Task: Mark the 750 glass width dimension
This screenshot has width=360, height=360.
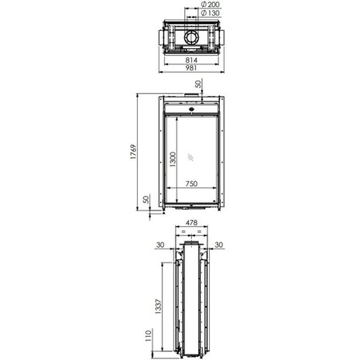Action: click(x=197, y=184)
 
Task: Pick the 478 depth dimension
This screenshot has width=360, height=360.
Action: click(x=190, y=224)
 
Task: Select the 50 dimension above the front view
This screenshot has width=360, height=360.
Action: click(x=198, y=84)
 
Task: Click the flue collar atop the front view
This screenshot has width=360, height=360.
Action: click(x=190, y=98)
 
